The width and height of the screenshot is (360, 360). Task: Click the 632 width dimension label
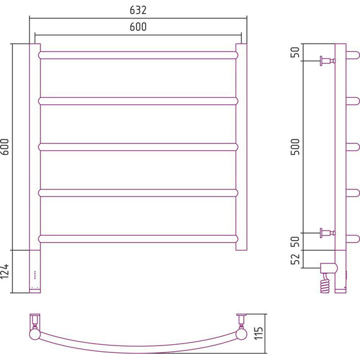pyautogui.click(x=138, y=10)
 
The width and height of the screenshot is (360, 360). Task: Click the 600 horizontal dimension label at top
pyautogui.click(x=138, y=27)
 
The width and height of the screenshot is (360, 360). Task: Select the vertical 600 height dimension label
pyautogui.click(x=4, y=147)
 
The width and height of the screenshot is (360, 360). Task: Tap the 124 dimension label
pyautogui.click(x=4, y=272)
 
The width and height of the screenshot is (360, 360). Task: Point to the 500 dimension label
pyautogui.click(x=295, y=147)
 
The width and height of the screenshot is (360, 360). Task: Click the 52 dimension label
pyautogui.click(x=295, y=259)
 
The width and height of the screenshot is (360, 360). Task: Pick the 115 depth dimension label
pyautogui.click(x=258, y=333)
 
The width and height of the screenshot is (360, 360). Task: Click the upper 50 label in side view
pyautogui.click(x=295, y=52)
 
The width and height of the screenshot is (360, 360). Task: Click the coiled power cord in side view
pyautogui.click(x=325, y=283)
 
